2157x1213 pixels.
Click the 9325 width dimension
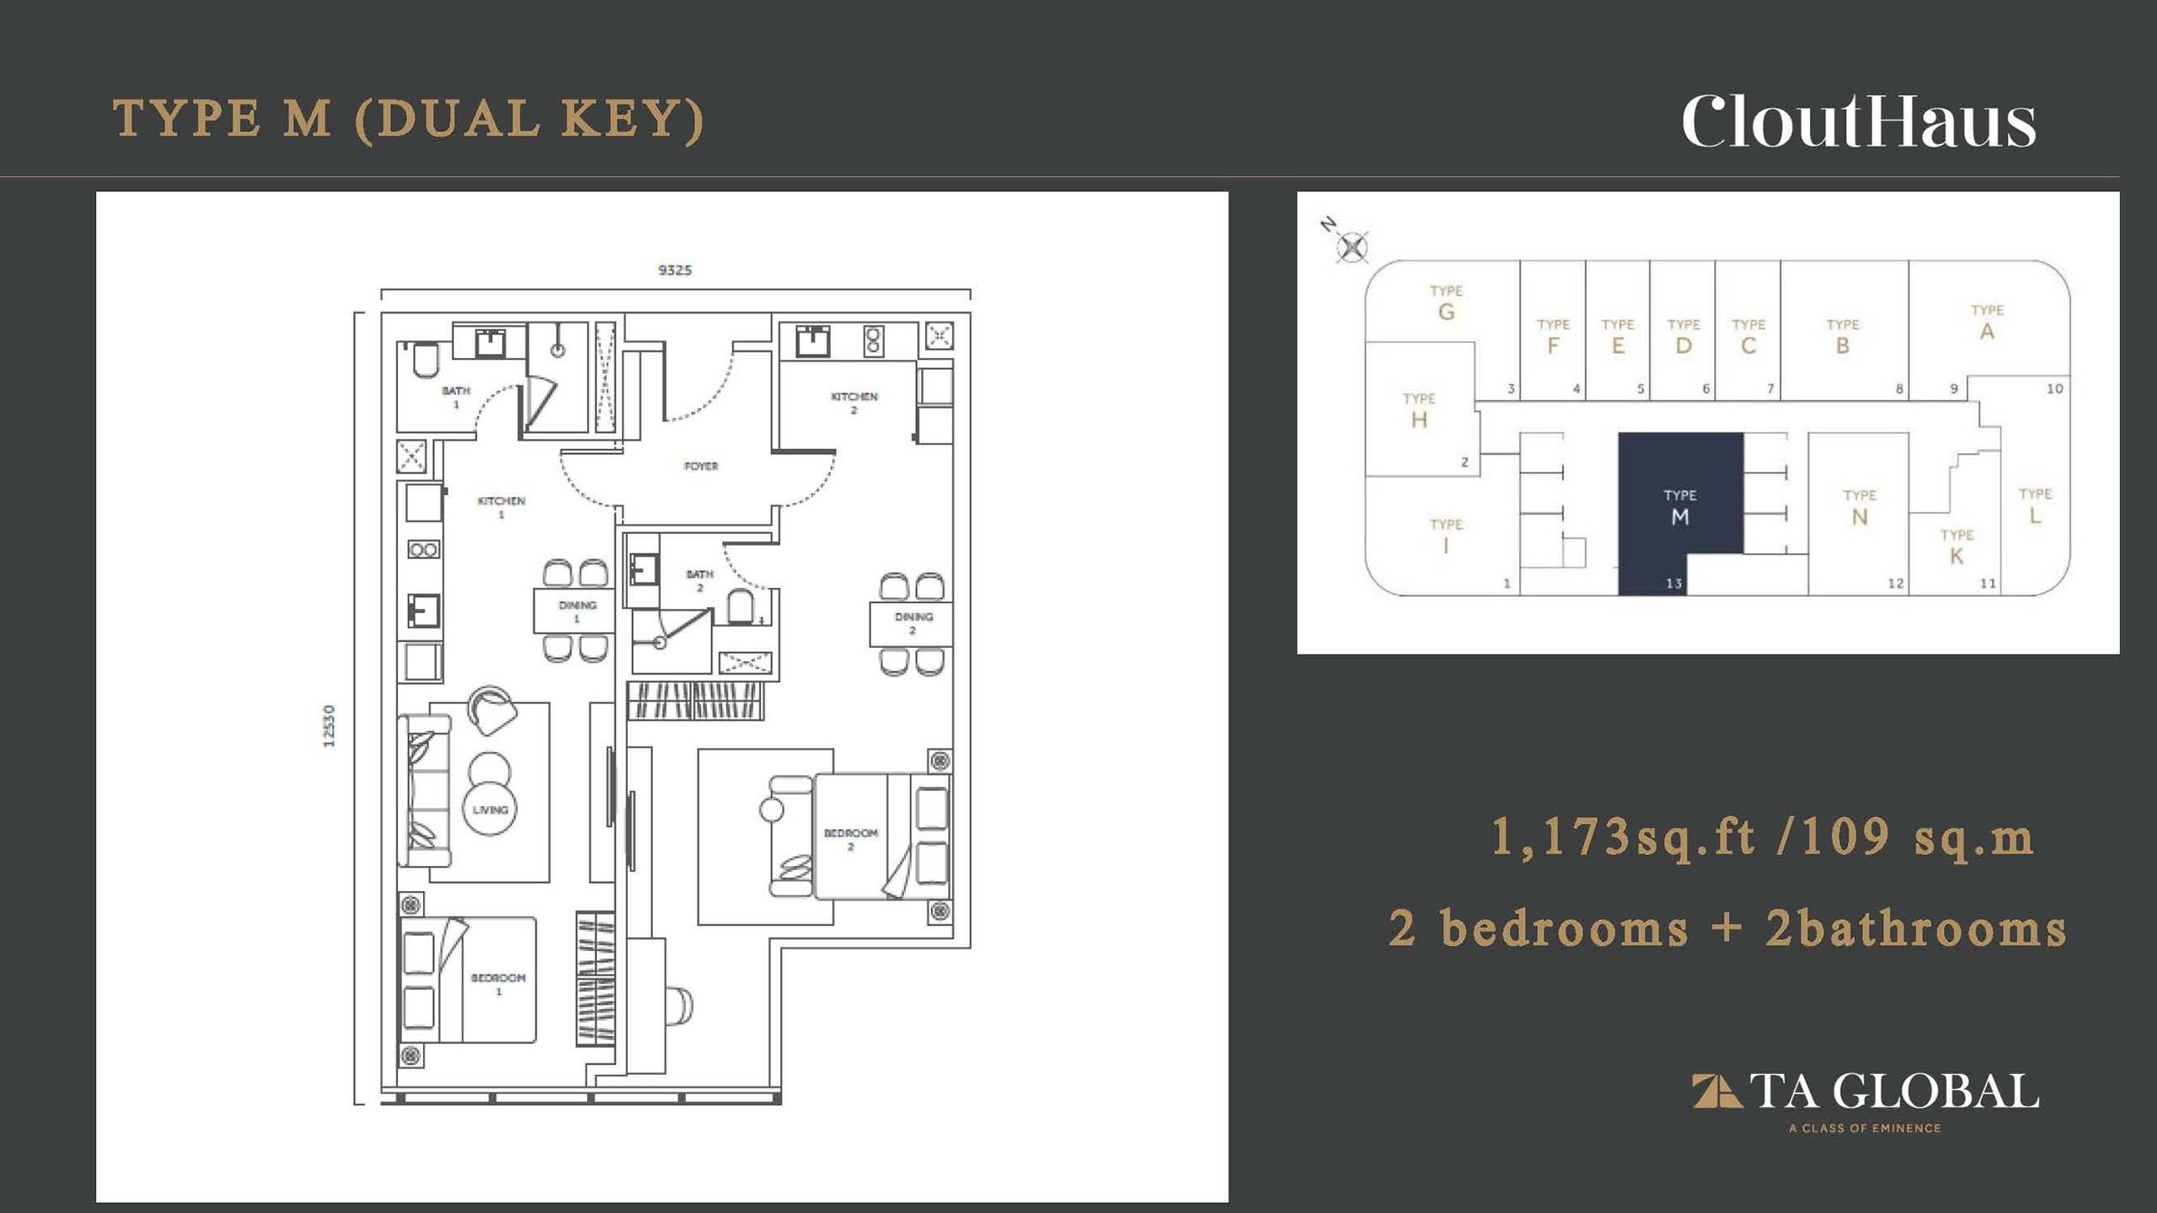[675, 270]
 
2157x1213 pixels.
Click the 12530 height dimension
[329, 726]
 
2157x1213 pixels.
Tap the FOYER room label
[701, 466]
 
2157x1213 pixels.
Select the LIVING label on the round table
[490, 810]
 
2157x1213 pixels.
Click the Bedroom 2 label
[851, 839]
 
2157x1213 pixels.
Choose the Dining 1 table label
[577, 612]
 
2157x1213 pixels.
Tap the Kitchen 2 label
[854, 403]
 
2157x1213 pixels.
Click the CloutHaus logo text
[1859, 123]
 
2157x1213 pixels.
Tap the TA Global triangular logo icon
[1716, 1091]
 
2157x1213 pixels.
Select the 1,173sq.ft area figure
[1624, 838]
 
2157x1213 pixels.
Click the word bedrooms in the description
[1564, 928]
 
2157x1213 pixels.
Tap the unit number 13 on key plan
[1673, 583]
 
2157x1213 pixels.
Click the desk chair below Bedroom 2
[679, 1006]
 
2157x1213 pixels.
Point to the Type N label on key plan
[1860, 508]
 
